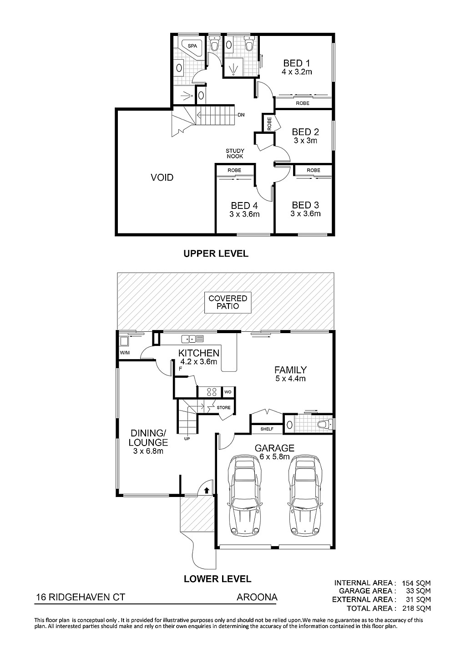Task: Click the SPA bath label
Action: (x=192, y=46)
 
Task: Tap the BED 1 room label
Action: (x=297, y=63)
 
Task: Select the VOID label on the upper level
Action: (x=162, y=177)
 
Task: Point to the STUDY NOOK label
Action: (x=235, y=153)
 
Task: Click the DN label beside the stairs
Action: (x=241, y=115)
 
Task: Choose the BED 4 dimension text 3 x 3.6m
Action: (x=244, y=214)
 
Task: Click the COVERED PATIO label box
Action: (x=228, y=303)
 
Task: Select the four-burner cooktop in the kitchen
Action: (x=212, y=392)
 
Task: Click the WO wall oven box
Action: (x=228, y=392)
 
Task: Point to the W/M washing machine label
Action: (x=125, y=353)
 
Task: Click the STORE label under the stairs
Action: (x=223, y=407)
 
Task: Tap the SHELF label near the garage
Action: (x=267, y=429)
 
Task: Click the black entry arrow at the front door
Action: (x=207, y=490)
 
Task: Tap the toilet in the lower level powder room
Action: (x=324, y=424)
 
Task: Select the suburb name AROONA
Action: (x=257, y=597)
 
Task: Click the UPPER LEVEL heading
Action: (x=216, y=253)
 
